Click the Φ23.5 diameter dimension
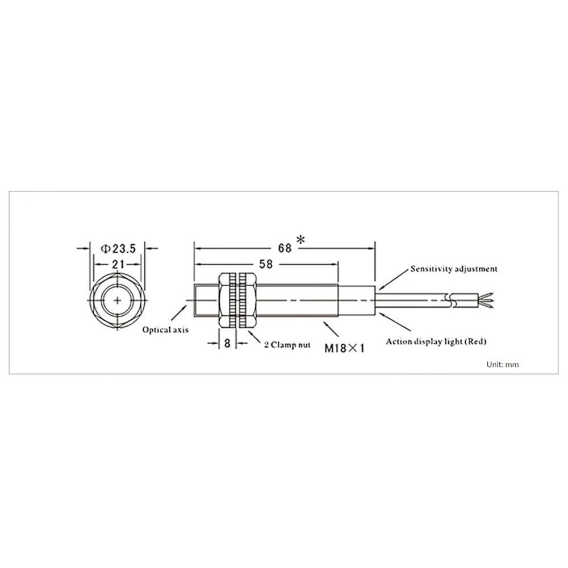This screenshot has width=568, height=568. [x=118, y=249]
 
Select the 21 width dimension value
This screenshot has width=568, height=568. [x=118, y=265]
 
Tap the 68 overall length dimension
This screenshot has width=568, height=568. [x=285, y=248]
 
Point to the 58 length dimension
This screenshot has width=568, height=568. [x=266, y=264]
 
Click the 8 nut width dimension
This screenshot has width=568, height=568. [x=227, y=343]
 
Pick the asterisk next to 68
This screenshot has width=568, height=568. [x=300, y=239]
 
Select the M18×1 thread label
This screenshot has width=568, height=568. [x=344, y=349]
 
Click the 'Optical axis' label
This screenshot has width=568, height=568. [x=165, y=329]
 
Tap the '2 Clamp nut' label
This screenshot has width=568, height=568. [x=287, y=345]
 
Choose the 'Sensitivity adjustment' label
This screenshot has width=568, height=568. [x=453, y=269]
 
